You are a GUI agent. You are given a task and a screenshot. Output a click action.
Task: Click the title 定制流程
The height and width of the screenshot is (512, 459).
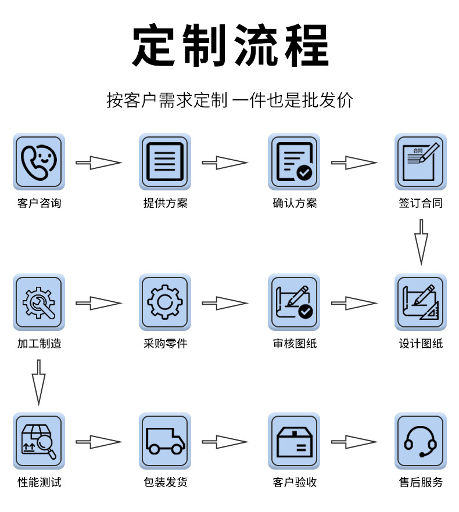[230, 46]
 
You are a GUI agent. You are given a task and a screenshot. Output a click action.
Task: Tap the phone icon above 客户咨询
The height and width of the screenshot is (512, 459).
[39, 161]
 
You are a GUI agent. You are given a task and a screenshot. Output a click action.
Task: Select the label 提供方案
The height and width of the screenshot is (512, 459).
[165, 203]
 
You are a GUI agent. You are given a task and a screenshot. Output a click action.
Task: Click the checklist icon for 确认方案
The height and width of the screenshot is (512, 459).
[294, 161]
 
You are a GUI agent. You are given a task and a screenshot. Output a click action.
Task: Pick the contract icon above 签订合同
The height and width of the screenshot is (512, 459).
[421, 161]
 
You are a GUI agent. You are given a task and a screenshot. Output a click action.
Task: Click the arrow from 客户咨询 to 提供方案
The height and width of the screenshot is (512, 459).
[98, 163]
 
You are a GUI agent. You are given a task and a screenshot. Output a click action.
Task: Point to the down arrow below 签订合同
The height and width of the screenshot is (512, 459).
[421, 241]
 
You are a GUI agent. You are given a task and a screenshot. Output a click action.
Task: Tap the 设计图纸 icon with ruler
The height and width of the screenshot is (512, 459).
[421, 302]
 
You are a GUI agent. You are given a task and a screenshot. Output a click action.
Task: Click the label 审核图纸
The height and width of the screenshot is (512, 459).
[295, 344]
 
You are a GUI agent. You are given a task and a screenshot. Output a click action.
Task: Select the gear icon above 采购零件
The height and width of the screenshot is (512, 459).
[165, 302]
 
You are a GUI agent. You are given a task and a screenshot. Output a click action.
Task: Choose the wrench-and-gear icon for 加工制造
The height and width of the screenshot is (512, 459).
[39, 302]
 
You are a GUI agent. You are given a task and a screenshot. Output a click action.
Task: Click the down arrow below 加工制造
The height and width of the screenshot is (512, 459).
[38, 381]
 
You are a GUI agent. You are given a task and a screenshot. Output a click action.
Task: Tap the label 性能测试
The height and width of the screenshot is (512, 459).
[39, 482]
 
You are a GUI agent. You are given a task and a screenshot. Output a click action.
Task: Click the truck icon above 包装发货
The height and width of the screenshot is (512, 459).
[165, 441]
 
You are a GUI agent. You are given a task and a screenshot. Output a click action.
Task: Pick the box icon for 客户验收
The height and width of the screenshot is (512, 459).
[294, 441]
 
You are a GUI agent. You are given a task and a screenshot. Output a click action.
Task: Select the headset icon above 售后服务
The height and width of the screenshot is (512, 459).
[421, 441]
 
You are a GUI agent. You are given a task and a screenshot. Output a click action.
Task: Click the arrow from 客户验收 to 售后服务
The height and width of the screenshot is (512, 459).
[354, 442]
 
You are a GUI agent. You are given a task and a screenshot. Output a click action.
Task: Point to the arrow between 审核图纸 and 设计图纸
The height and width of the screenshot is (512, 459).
[354, 303]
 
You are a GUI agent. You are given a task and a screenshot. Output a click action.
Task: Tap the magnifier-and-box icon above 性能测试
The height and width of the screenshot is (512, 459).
[39, 441]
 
